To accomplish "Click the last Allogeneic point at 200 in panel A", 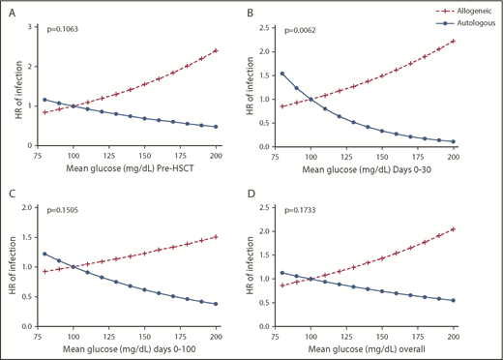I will point(214,50).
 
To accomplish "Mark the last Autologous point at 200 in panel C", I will point(214,304).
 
